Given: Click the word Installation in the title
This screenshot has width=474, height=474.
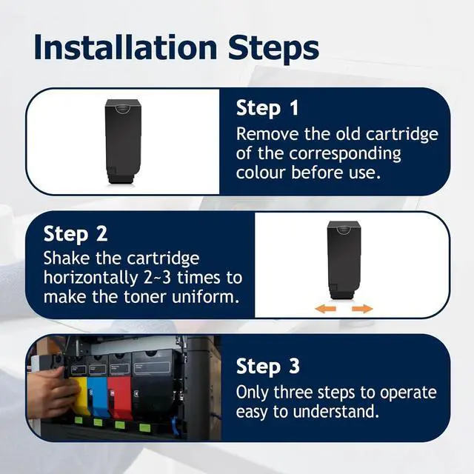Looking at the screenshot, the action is pos(125,47).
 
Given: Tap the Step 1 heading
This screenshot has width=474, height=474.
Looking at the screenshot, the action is pos(267,108).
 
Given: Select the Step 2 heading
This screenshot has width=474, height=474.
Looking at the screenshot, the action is pos(76,234).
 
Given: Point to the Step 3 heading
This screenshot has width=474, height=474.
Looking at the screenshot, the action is pos(267,367).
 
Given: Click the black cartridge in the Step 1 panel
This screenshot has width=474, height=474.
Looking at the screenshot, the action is pos(123,141).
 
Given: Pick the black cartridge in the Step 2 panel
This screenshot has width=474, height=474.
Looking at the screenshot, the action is pos(344,260).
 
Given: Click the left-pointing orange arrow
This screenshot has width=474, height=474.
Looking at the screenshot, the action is pos(325,309).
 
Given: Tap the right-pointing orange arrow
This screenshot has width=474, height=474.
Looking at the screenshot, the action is pos(362,309).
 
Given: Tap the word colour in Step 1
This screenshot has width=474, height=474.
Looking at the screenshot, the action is pos(261,173).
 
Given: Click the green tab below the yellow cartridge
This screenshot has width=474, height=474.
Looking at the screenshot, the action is pos(79,420).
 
